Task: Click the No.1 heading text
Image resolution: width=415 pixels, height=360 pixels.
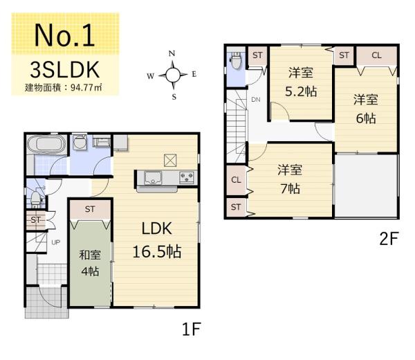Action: tap(64, 35)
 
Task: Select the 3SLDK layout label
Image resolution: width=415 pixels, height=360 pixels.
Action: tap(65, 70)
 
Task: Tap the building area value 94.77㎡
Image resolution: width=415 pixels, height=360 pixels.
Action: tap(86, 87)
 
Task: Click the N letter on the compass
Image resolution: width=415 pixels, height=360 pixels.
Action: tap(172, 54)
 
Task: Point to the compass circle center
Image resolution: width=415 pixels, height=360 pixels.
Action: tap(173, 75)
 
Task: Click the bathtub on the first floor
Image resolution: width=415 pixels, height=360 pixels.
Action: tap(46, 145)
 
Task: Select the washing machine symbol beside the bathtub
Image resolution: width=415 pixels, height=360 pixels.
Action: tap(80, 142)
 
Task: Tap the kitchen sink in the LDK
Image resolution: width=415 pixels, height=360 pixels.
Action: tap(153, 177)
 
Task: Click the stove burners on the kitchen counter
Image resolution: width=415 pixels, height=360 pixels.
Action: tap(187, 177)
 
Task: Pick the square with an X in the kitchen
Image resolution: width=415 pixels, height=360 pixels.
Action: tap(170, 160)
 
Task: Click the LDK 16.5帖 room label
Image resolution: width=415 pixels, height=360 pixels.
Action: tap(157, 240)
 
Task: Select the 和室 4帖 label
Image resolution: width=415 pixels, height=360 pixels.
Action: tap(90, 263)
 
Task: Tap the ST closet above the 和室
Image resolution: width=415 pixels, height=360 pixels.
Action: tap(90, 209)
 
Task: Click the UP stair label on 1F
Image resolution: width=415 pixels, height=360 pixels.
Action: tap(55, 242)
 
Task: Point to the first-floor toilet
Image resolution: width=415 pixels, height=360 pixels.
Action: tap(35, 199)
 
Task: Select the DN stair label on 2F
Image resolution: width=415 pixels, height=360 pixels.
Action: tap(256, 100)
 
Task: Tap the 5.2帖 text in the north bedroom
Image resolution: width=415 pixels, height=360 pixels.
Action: tap(301, 91)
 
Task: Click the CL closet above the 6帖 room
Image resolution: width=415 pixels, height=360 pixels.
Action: tap(377, 55)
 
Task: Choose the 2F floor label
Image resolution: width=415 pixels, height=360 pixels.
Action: tap(389, 239)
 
